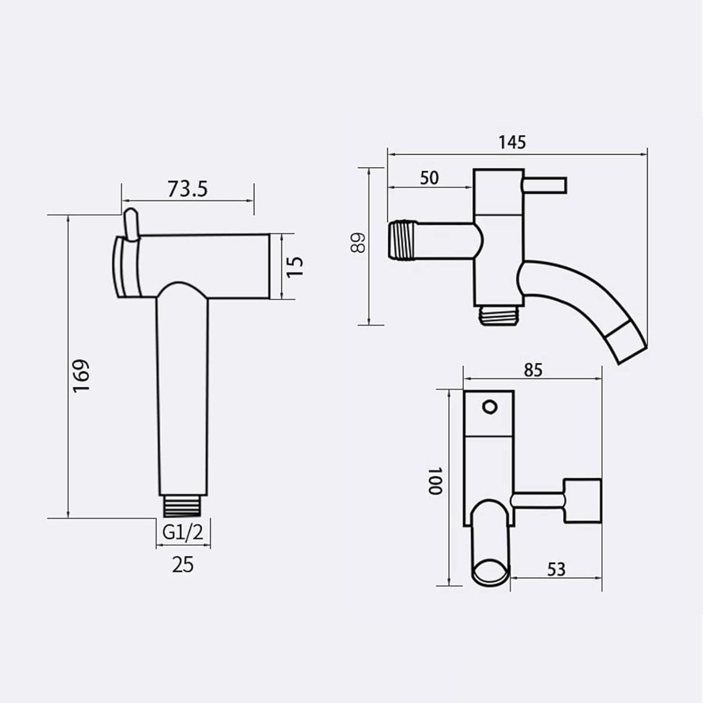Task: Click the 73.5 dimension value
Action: click(x=187, y=189)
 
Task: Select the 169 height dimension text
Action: click(x=81, y=376)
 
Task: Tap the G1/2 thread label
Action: click(x=183, y=532)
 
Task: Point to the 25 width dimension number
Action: click(x=182, y=565)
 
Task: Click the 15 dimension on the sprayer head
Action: click(x=295, y=267)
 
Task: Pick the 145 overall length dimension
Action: click(x=512, y=142)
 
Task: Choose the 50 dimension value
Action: click(x=429, y=178)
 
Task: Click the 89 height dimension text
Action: click(x=359, y=243)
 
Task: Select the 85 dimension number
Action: click(x=533, y=370)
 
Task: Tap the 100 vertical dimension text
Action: click(x=435, y=480)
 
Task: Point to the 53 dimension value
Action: click(x=556, y=569)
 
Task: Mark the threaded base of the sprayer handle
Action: click(x=183, y=506)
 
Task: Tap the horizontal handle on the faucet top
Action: click(x=545, y=185)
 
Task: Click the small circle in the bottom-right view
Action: click(x=490, y=406)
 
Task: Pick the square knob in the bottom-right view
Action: click(x=582, y=501)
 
